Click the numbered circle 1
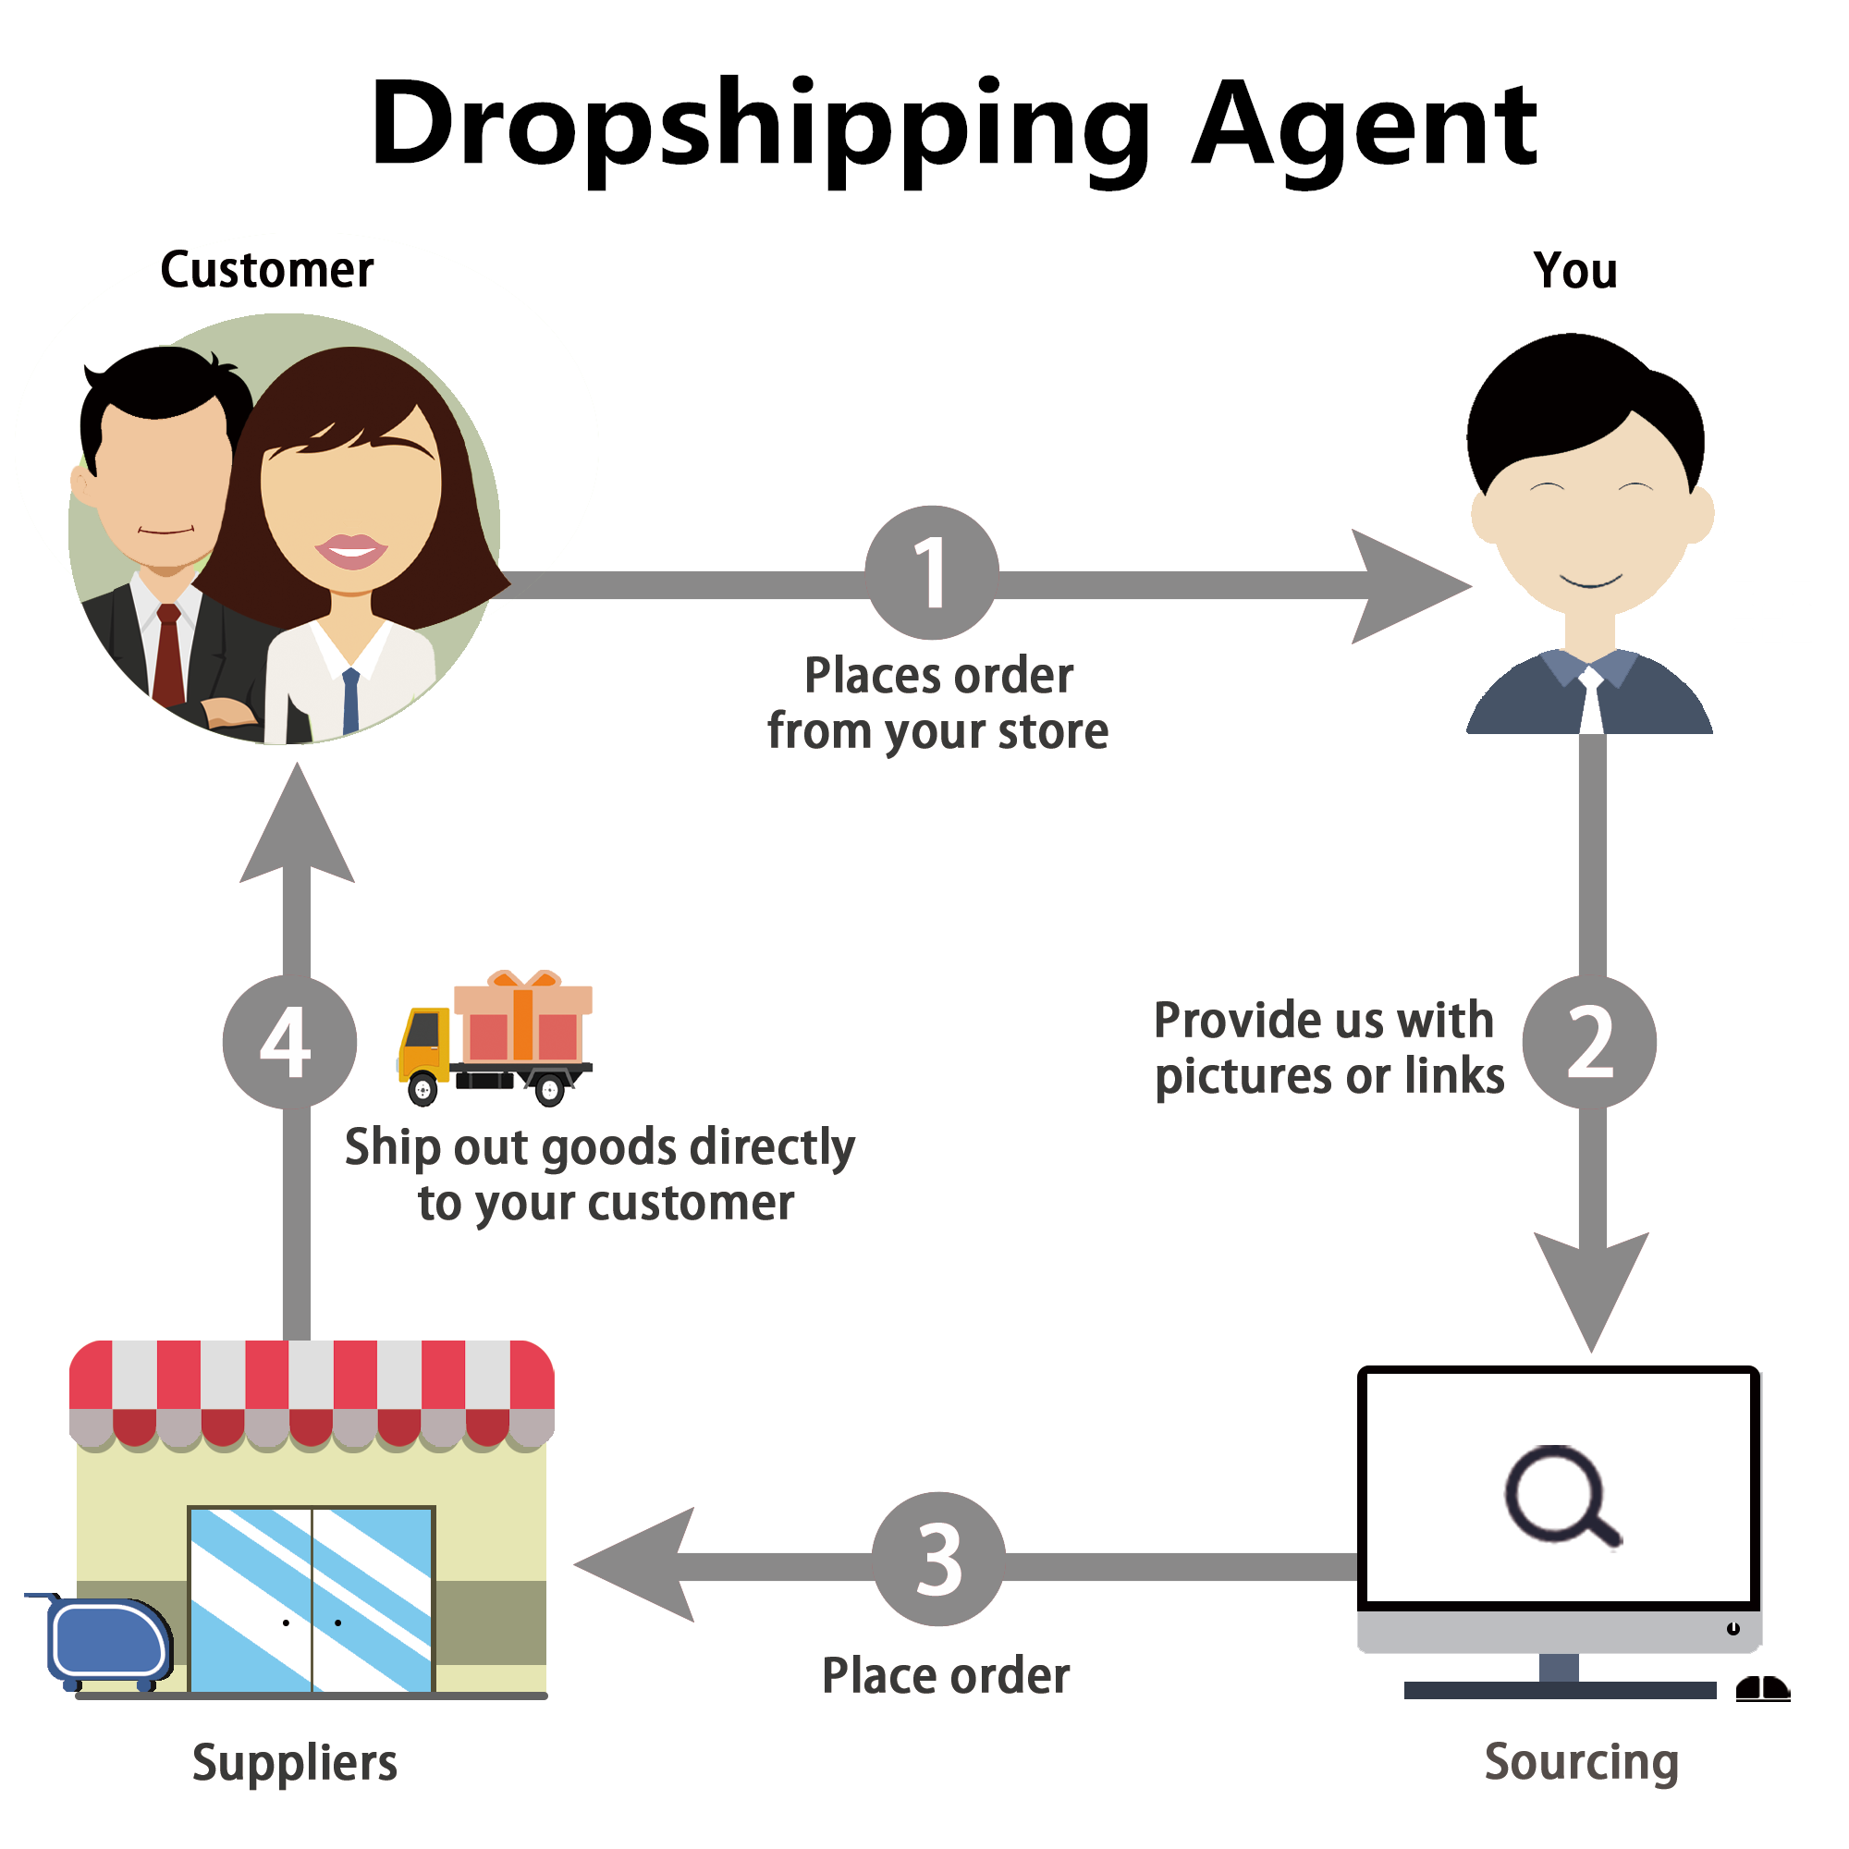tap(931, 572)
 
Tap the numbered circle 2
tap(1589, 1041)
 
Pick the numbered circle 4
tap(289, 1041)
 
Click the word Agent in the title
tap(1364, 125)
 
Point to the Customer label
tap(267, 270)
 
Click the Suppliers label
tap(295, 1762)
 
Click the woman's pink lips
tap(351, 550)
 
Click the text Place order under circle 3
tap(946, 1676)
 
